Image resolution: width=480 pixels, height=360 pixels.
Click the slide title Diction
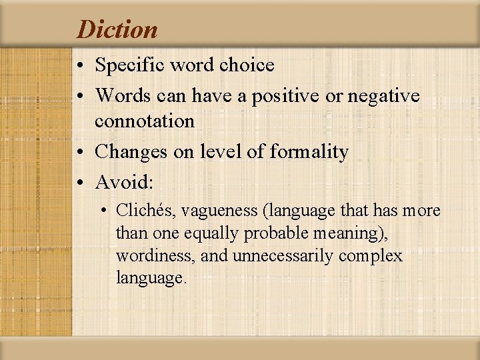(117, 29)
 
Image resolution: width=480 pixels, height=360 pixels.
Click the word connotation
(145, 121)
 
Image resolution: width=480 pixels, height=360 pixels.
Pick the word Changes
(131, 152)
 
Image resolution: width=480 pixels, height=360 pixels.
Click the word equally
(215, 234)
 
